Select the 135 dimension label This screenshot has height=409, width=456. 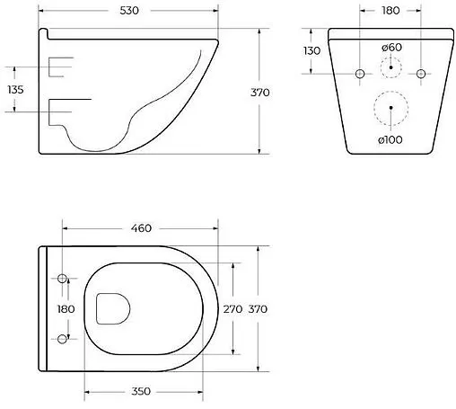pos(14,89)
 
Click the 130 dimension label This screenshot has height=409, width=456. pos(311,51)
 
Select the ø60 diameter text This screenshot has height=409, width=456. pos(390,47)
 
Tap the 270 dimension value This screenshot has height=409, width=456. pos(233,308)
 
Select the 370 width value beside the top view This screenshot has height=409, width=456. pos(258,308)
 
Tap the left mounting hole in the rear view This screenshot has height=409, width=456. pos(359,72)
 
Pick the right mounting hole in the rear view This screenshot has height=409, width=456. pos(420,72)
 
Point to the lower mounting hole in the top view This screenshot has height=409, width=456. pos(62,338)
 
